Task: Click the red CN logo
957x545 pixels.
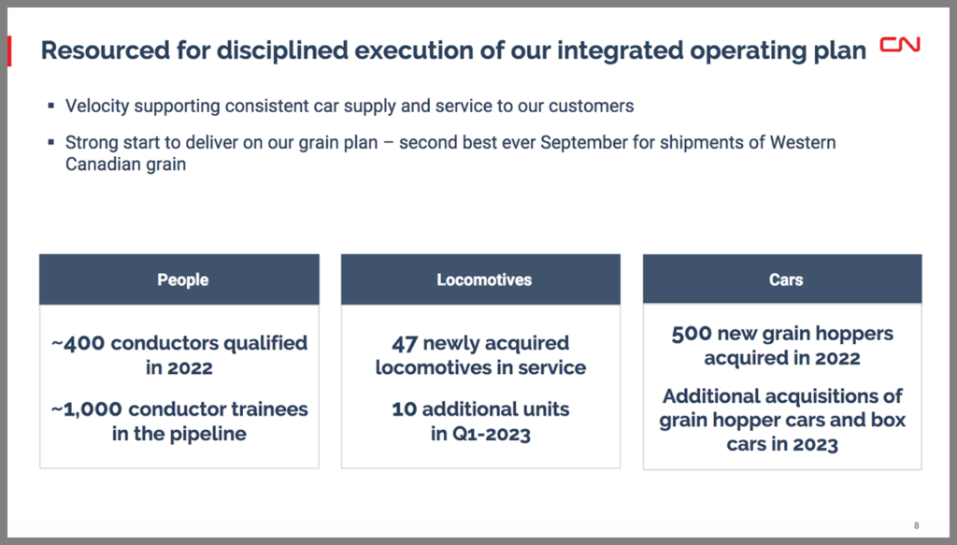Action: coord(900,45)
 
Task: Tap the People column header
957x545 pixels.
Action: coord(183,280)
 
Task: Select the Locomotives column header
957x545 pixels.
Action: coord(484,280)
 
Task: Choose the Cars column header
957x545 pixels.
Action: coord(785,280)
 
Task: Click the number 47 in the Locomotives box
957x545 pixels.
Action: coord(404,344)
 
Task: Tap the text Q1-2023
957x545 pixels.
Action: coord(491,434)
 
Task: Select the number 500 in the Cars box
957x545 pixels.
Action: coord(692,334)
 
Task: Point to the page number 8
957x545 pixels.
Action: coord(917,525)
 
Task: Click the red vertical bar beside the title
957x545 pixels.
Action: coord(9,50)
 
